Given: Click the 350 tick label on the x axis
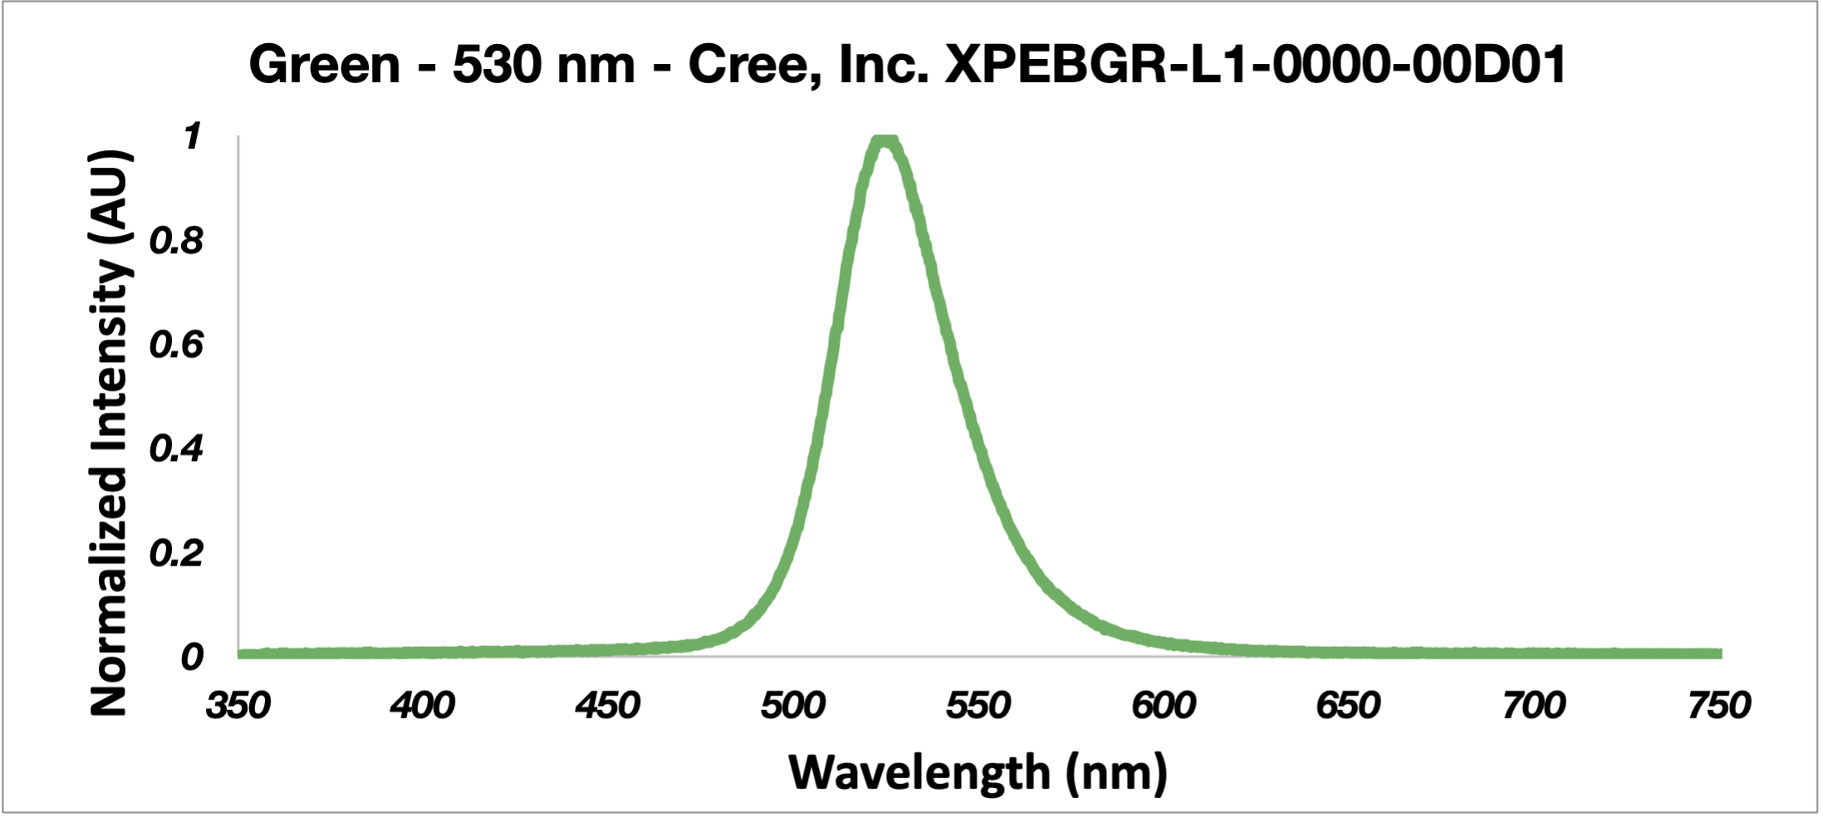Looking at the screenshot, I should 238,706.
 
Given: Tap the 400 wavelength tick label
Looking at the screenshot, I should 423,706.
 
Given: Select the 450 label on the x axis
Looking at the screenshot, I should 608,706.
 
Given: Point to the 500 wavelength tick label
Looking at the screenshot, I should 793,706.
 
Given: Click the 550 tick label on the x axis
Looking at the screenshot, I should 978,706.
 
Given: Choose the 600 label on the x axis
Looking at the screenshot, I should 1164,706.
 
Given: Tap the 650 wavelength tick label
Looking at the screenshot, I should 1349,706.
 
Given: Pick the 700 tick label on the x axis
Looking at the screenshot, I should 1534,706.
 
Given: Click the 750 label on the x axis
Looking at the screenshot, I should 1719,706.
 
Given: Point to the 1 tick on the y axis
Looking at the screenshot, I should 193,137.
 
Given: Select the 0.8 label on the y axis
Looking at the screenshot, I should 177,241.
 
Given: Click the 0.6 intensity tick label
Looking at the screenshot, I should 177,345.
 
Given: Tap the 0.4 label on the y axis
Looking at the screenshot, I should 177,449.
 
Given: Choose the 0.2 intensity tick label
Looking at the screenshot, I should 177,553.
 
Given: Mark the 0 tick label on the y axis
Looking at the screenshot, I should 192,657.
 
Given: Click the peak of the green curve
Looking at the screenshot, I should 886,139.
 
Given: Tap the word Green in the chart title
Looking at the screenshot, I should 325,65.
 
